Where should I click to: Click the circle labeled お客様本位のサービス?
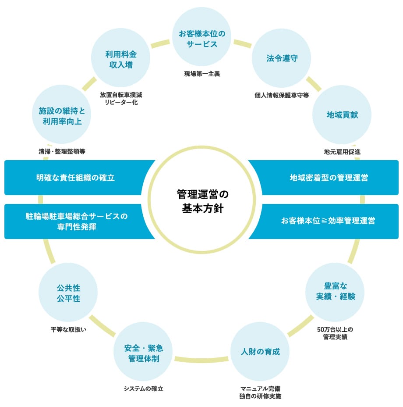[202, 36]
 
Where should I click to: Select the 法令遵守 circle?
[281, 58]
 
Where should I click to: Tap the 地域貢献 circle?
[342, 115]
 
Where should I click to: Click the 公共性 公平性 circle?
[68, 292]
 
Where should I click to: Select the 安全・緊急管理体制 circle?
[143, 352]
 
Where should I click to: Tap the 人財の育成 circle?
[260, 352]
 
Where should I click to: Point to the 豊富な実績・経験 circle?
[335, 292]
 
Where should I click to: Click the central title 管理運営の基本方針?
[202, 201]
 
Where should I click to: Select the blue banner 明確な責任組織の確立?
[75, 178]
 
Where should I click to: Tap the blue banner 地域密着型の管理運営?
[329, 178]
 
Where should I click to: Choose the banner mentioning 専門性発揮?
[77, 221]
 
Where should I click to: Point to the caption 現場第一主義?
[202, 74]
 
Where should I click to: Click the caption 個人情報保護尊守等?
[282, 95]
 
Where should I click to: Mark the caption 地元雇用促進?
[342, 152]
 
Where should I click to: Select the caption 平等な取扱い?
[68, 329]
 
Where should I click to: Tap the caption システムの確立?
[143, 389]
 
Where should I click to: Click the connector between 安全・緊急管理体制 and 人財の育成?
[201, 360]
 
